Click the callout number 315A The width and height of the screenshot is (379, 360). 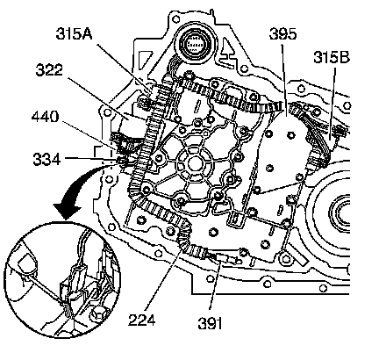pyautogui.click(x=75, y=34)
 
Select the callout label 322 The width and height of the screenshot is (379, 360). pyautogui.click(x=49, y=70)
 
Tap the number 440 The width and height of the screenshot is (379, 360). pyautogui.click(x=45, y=117)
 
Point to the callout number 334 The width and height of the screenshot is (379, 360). pyautogui.click(x=46, y=160)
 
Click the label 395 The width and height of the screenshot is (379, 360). pyautogui.click(x=282, y=34)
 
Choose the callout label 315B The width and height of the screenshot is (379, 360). pyautogui.click(x=332, y=57)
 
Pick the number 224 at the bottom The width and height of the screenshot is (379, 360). pyautogui.click(x=141, y=320)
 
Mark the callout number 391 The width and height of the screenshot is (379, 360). pyautogui.click(x=210, y=323)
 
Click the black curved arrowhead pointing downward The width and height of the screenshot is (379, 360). pyautogui.click(x=67, y=209)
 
